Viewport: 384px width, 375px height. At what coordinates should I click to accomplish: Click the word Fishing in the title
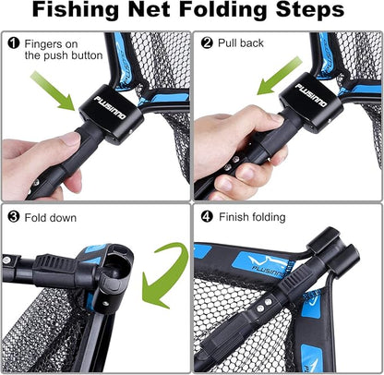pos(85,13)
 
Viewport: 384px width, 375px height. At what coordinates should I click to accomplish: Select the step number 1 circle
pos(14,42)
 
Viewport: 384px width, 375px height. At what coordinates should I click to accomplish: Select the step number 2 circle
pos(207,42)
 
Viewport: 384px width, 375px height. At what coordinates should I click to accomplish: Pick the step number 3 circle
pos(14,218)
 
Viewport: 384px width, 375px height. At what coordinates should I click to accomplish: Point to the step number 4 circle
pos(207,218)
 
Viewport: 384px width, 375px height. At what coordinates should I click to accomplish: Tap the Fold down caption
pos(53,218)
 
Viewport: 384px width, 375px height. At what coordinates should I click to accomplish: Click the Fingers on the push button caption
pos(60,49)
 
